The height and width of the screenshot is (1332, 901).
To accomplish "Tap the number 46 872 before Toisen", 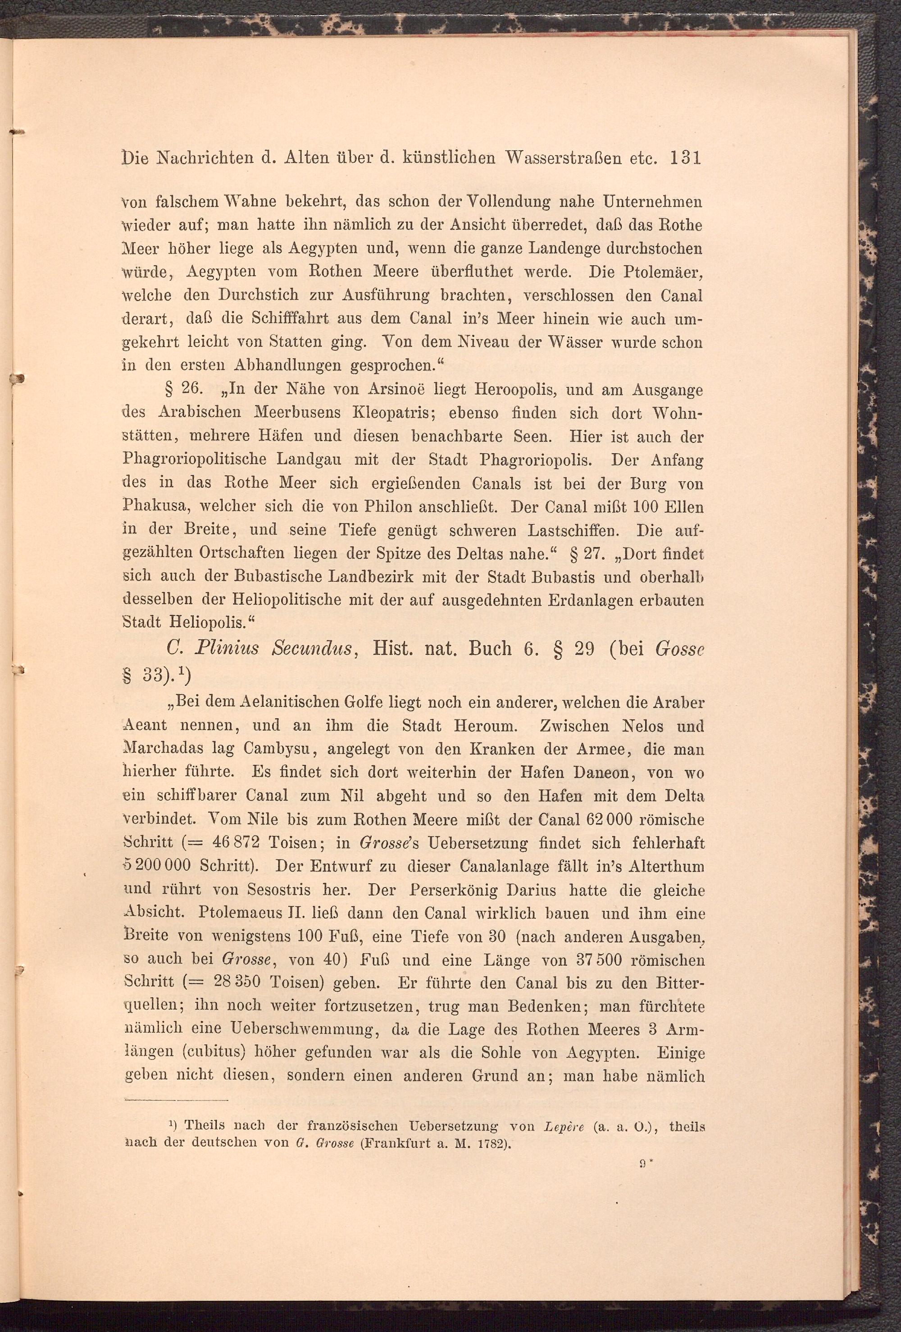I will (x=236, y=843).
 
